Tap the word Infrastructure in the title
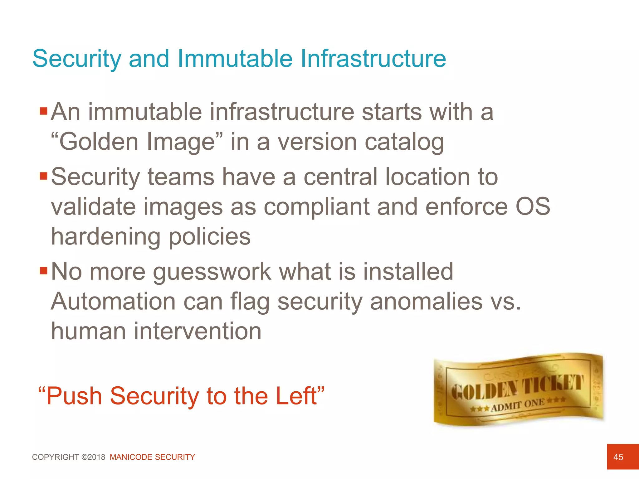[x=373, y=58]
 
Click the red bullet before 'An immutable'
[x=43, y=111]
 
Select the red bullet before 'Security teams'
[x=43, y=176]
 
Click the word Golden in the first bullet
[x=98, y=142]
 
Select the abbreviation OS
[x=533, y=206]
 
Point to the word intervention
[x=198, y=331]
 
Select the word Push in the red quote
[x=74, y=396]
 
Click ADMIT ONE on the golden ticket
[x=518, y=405]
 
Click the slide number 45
[x=618, y=457]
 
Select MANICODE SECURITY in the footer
[x=152, y=457]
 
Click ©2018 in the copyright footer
[x=93, y=457]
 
